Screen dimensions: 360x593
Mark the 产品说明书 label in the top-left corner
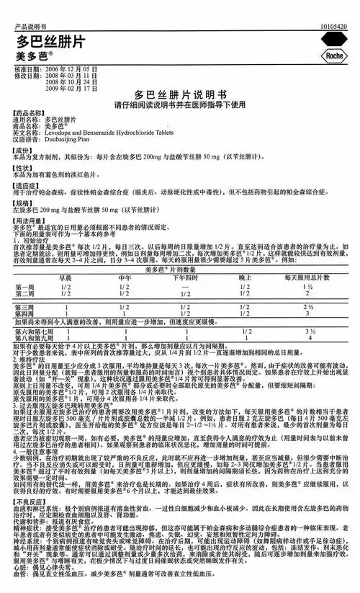click(x=19, y=6)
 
